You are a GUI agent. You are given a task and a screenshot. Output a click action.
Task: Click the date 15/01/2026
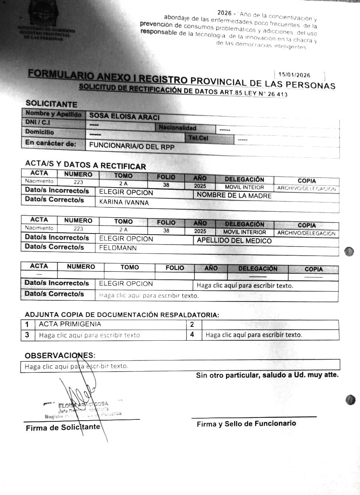(x=294, y=75)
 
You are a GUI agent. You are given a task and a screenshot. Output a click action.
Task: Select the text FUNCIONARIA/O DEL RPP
(x=131, y=146)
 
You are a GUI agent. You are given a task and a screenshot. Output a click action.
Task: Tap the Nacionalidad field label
(x=177, y=128)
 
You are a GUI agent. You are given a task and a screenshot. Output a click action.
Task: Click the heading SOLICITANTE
(x=51, y=104)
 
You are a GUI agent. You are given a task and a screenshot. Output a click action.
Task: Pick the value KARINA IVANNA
(x=124, y=203)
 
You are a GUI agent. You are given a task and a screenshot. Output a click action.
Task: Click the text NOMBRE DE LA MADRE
(x=234, y=195)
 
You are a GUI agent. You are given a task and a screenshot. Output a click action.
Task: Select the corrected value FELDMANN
(x=118, y=248)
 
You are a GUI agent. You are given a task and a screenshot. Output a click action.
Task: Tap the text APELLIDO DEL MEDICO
(x=234, y=241)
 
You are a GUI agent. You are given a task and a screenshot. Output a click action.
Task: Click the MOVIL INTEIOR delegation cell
(x=244, y=187)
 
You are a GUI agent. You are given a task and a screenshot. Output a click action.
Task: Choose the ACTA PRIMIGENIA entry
(x=70, y=324)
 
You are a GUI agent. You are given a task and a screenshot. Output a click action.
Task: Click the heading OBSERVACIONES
(x=60, y=355)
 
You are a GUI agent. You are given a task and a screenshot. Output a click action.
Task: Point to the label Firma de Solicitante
(x=63, y=428)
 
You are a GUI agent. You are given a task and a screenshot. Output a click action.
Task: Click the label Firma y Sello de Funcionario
(x=246, y=424)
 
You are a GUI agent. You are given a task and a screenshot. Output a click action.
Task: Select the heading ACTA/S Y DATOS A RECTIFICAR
(x=85, y=165)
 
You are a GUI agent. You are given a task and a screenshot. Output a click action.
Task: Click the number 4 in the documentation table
(x=192, y=334)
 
